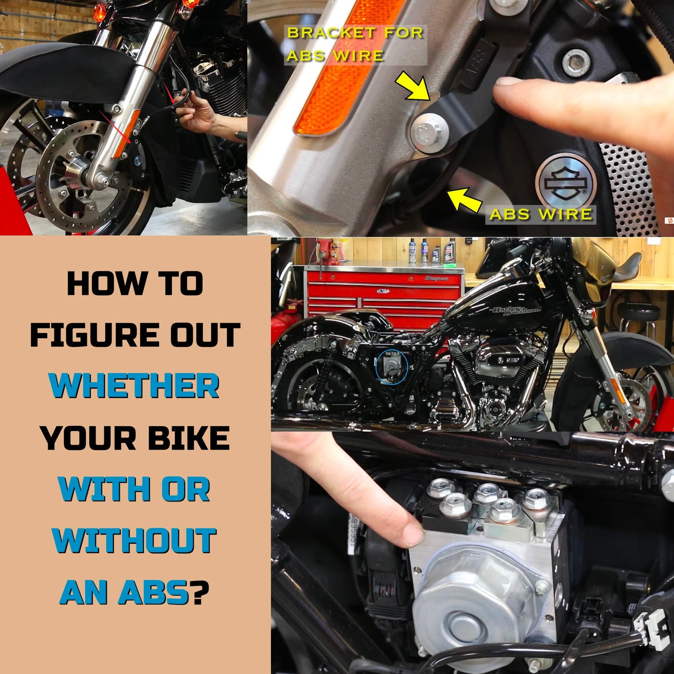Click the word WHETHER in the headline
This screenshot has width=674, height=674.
[134, 385]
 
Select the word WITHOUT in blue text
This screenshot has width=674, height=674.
[134, 541]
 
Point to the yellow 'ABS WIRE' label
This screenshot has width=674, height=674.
[541, 214]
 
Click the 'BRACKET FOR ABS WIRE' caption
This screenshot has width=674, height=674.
[354, 44]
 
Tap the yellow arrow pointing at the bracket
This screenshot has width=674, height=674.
[413, 86]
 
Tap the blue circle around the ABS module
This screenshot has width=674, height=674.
[392, 367]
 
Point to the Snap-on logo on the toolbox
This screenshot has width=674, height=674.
[436, 278]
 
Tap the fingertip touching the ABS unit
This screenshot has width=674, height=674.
[413, 534]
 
